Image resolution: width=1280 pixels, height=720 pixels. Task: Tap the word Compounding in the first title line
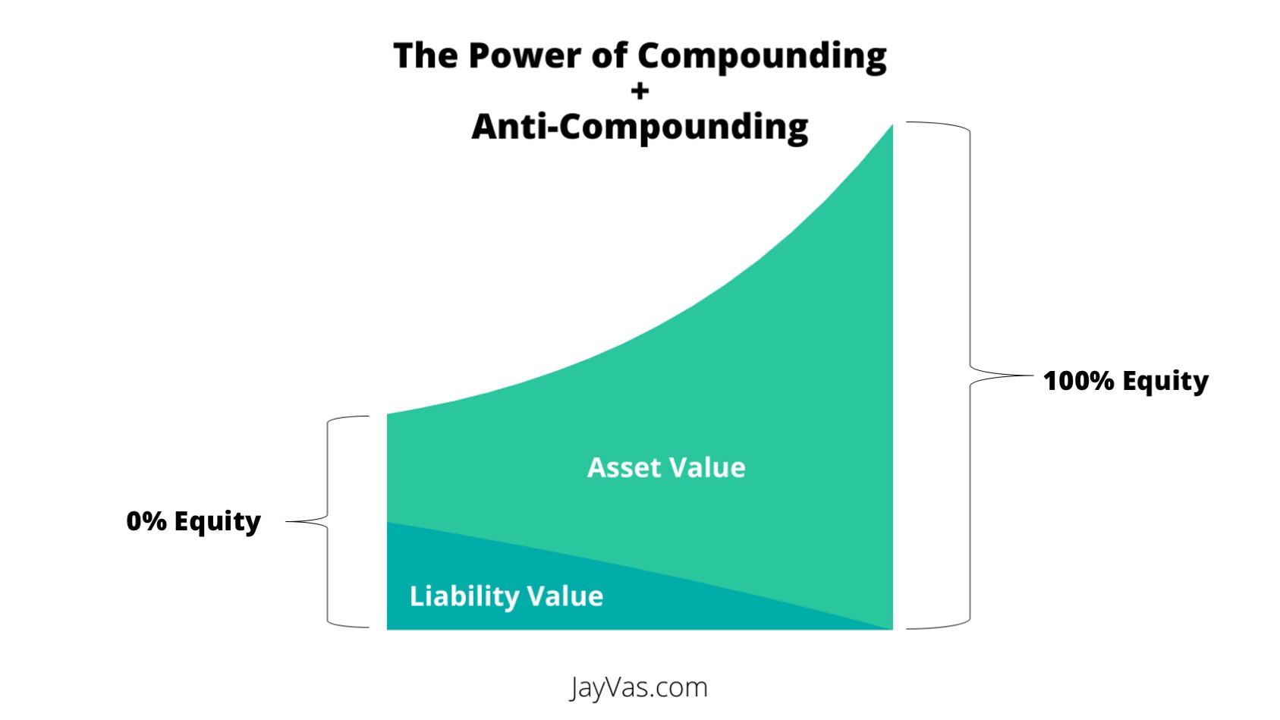tap(762, 58)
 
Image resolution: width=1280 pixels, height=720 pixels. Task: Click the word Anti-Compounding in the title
tap(640, 127)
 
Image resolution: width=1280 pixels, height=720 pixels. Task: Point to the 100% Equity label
tap(1126, 382)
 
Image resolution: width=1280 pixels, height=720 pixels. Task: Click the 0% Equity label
tap(193, 522)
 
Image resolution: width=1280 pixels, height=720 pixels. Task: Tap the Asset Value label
tap(666, 467)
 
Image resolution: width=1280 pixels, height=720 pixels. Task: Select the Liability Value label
tap(506, 596)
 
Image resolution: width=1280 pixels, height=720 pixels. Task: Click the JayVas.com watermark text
tap(639, 687)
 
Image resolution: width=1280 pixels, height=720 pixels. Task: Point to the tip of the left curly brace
tap(286, 521)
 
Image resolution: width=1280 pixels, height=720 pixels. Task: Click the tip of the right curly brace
tap(1033, 376)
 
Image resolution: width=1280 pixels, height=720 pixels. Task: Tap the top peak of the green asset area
tap(892, 125)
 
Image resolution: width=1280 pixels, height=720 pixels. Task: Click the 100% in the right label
tap(1078, 381)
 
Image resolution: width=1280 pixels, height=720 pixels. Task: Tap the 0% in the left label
tap(147, 522)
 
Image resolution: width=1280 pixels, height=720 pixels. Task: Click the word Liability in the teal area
tap(464, 596)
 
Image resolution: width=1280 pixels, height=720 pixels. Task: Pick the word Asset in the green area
tap(624, 467)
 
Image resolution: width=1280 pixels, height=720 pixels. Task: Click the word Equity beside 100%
tap(1165, 382)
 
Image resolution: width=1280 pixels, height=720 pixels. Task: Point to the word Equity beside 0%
tap(218, 522)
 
